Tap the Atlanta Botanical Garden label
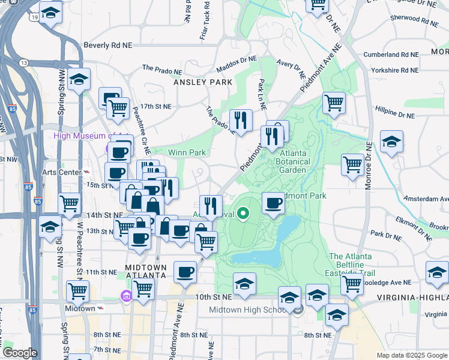coord(291,161)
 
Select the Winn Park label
coord(188,152)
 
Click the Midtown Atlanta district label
coord(145,271)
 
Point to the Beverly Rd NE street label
coord(108,44)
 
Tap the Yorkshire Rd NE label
coord(394,70)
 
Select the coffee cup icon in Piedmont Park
coord(273,202)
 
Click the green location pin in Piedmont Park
coord(243,212)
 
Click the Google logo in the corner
coord(20,353)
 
